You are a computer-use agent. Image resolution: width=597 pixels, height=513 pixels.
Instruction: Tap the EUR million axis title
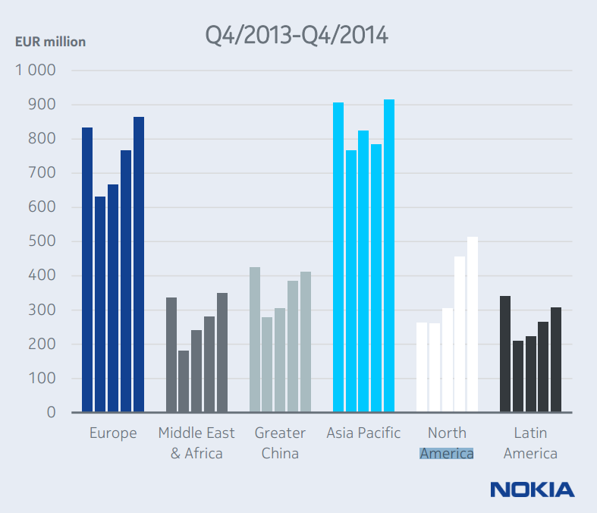[x=50, y=42]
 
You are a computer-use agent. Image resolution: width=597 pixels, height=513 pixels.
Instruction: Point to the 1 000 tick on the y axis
[x=36, y=71]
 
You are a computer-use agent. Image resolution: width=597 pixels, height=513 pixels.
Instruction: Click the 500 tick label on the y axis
[x=42, y=241]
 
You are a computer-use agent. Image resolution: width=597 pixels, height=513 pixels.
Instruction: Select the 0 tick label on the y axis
[x=52, y=412]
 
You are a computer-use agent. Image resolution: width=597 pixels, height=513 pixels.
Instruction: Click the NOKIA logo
[x=532, y=489]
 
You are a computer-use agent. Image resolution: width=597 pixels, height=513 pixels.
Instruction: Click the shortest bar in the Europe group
[x=100, y=304]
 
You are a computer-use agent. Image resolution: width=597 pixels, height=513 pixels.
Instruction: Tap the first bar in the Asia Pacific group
[x=338, y=257]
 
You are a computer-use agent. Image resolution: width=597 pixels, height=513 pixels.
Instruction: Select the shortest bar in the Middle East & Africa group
[x=184, y=381]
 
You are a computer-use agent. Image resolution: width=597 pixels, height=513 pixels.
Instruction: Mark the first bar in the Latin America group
[x=505, y=354]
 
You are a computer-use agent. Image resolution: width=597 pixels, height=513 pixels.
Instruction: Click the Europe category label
[x=113, y=433]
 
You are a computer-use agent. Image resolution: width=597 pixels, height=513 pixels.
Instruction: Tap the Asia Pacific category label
[x=363, y=433]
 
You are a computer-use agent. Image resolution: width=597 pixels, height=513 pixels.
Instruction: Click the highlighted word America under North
[x=447, y=454]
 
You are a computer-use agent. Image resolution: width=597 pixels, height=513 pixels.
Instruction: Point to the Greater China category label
[x=280, y=443]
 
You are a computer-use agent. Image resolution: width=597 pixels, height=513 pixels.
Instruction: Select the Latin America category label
[x=530, y=443]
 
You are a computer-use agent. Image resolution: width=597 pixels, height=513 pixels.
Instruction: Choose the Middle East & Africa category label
[x=196, y=443]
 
